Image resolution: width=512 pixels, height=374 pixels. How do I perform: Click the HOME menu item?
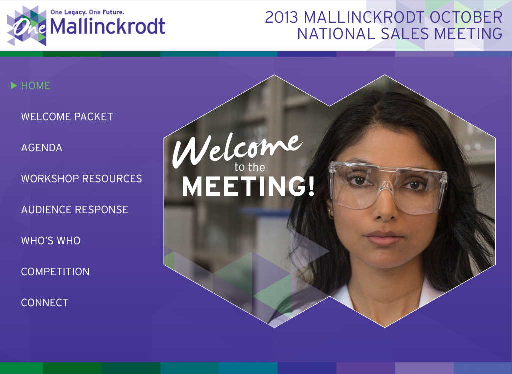(35, 86)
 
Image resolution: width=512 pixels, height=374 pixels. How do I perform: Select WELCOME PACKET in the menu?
(67, 117)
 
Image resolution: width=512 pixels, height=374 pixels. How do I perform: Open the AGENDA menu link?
(42, 148)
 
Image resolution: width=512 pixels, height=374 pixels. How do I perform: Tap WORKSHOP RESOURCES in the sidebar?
(81, 179)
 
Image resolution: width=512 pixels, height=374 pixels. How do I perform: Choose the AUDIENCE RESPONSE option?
(75, 210)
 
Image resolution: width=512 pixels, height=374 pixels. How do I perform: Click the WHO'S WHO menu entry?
(51, 241)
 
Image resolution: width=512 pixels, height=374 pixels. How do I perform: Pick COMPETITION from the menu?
(55, 272)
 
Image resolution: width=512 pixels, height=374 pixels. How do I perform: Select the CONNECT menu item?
(45, 303)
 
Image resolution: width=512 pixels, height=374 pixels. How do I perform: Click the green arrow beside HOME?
(14, 86)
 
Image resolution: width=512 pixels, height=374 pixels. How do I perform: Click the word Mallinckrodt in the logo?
(108, 26)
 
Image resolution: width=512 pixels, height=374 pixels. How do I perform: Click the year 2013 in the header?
(282, 17)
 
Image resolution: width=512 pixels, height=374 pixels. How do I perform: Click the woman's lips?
(383, 237)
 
